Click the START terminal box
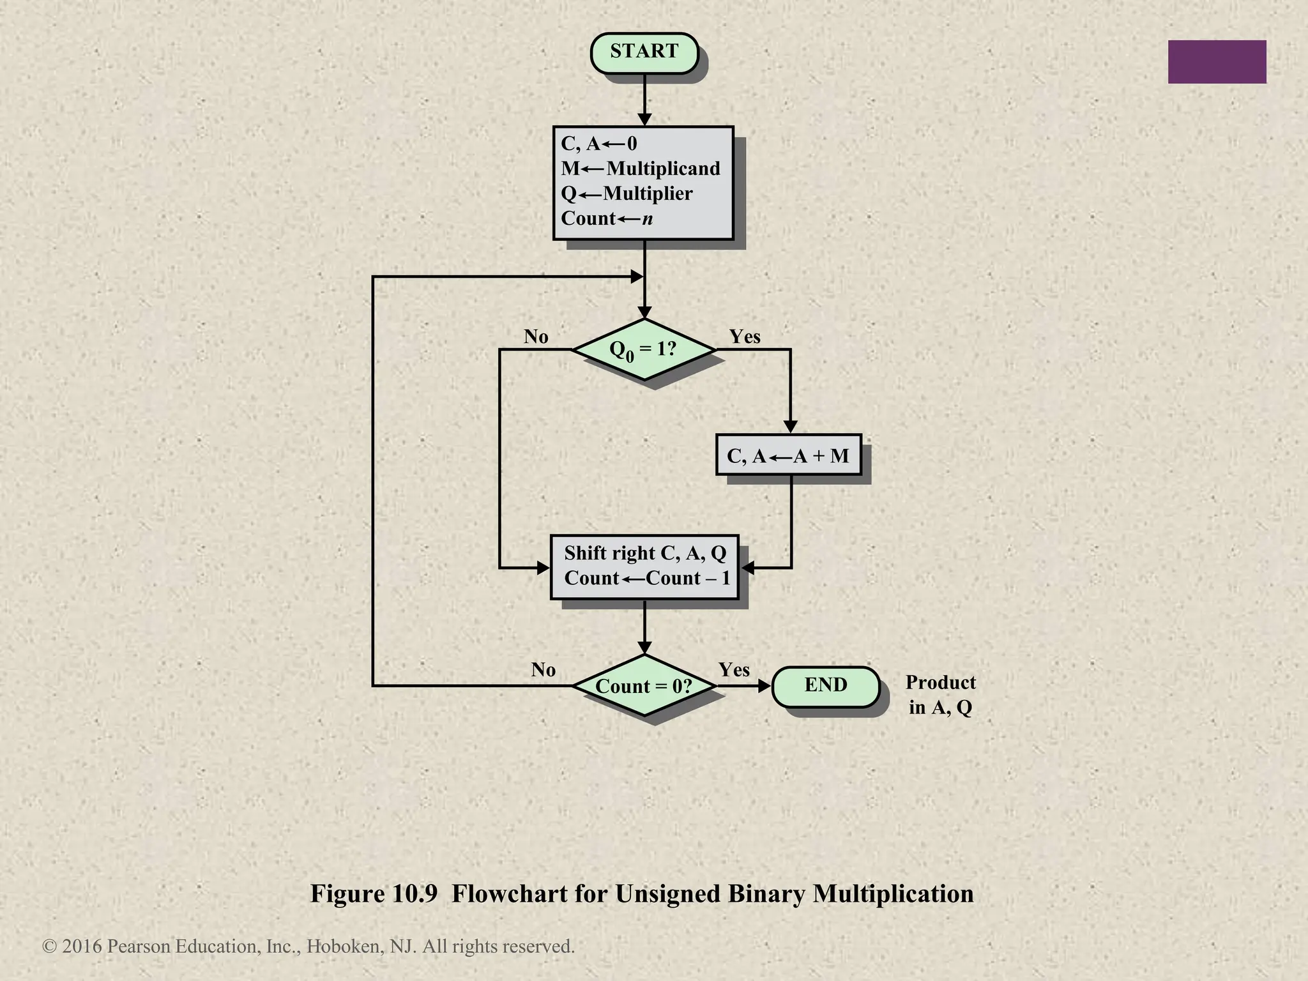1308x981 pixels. click(644, 52)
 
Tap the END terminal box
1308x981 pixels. click(825, 686)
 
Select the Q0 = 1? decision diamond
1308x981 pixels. click(644, 349)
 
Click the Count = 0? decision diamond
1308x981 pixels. click(644, 686)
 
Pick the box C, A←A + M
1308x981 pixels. click(788, 455)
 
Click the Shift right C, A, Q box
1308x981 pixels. click(644, 566)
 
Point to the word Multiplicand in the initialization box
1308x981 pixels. click(663, 169)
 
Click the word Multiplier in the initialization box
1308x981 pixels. click(648, 194)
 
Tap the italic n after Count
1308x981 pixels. click(648, 219)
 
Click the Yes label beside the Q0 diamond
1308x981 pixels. click(745, 337)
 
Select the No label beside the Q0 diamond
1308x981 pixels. click(536, 337)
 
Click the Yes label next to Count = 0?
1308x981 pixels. click(734, 669)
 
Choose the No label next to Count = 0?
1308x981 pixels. click(543, 669)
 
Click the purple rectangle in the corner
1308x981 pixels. click(1217, 62)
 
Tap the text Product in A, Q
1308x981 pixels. click(940, 695)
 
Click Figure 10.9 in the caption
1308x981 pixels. click(374, 894)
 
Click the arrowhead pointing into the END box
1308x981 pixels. click(764, 686)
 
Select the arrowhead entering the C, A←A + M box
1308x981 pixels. click(790, 427)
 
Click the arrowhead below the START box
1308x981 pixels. click(644, 119)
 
